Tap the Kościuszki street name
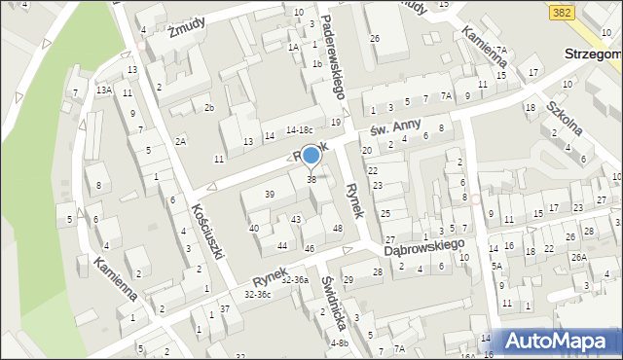[209, 231]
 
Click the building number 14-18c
[299, 129]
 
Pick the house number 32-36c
[257, 293]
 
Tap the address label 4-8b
[339, 342]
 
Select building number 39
[270, 195]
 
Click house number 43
[295, 219]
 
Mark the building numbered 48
[338, 229]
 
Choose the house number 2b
[208, 107]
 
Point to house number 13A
[103, 90]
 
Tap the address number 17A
[499, 49]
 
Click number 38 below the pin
[311, 179]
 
